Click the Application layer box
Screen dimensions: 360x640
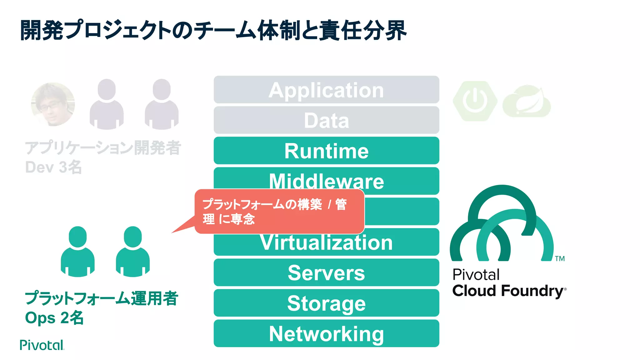(x=326, y=90)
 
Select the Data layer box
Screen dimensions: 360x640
(x=326, y=120)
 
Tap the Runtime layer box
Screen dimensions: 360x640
(x=326, y=151)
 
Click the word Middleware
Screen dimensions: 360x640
(x=326, y=182)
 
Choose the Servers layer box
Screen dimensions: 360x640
(x=326, y=272)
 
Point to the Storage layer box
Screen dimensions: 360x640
(x=326, y=303)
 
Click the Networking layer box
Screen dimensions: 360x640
(x=326, y=333)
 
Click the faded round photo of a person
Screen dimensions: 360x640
(x=53, y=104)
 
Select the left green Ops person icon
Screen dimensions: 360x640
(x=77, y=252)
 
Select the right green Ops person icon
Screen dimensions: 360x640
(x=132, y=252)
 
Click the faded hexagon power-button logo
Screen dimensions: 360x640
(x=475, y=101)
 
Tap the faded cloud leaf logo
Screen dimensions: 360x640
(x=527, y=102)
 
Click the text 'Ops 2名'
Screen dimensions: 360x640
(x=54, y=318)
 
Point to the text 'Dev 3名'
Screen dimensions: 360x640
(x=53, y=167)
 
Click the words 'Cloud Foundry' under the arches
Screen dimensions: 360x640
(x=507, y=291)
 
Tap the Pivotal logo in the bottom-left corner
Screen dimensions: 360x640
(x=42, y=345)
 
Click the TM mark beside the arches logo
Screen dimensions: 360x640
(x=560, y=258)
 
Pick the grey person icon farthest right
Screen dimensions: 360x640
(x=162, y=104)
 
